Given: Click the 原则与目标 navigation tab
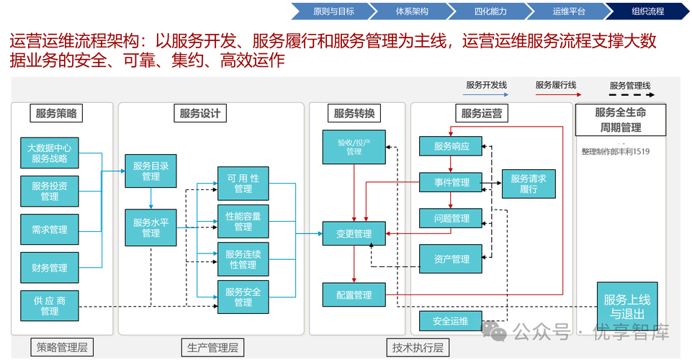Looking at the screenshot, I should coord(333,12).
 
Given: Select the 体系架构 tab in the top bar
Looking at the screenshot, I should coord(412,12).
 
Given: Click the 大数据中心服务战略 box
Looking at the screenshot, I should coord(49,153).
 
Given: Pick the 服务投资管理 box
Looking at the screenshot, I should coord(49,191).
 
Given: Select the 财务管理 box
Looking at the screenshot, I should coord(49,267).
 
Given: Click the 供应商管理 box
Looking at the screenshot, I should coord(49,306).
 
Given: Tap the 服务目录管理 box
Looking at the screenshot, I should coord(150,171).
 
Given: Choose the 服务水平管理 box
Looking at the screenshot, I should coord(150,228).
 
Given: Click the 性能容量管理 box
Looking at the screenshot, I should coord(243,221).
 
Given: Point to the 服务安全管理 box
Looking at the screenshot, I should coord(243,297).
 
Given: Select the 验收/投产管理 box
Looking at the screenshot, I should coord(354,147).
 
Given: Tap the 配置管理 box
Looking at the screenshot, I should coord(354,295).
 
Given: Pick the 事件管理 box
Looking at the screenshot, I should coord(451,182).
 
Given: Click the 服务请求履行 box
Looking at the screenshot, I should coord(529,184).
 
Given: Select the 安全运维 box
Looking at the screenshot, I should coord(451,321).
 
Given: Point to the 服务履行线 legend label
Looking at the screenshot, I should coord(555,85).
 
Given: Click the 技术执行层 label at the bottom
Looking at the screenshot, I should coord(418,348).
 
